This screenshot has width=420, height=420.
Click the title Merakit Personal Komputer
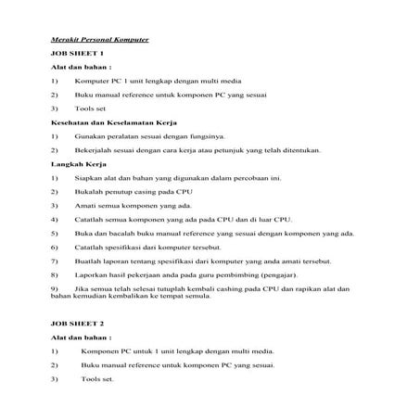tap(99, 40)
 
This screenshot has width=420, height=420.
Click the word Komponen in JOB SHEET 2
tap(100, 352)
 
